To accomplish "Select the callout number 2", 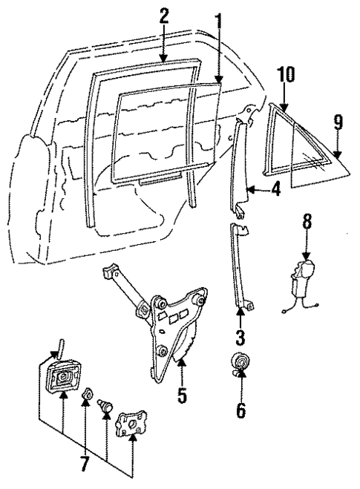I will tap(164, 16).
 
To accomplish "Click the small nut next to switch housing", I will tap(86, 394).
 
